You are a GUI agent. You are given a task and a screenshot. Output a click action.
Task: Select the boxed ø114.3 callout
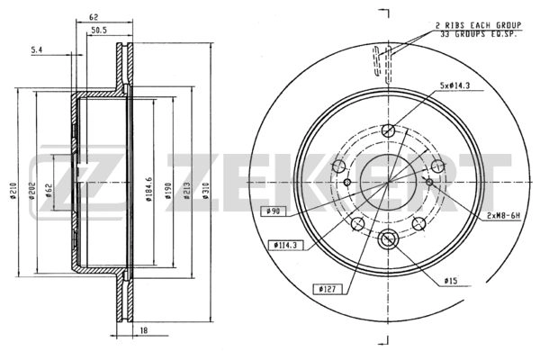[285, 244]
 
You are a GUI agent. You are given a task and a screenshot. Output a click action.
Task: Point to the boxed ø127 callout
[326, 288]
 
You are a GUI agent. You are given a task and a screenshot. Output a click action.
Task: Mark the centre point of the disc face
[389, 183]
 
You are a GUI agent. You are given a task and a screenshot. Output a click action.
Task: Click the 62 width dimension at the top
[94, 16]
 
